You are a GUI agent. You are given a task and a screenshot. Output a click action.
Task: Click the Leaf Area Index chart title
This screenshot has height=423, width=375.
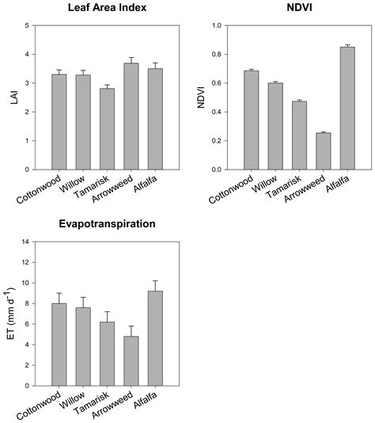pyautogui.click(x=104, y=9)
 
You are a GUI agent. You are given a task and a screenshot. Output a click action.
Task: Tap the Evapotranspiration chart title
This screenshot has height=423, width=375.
pyautogui.click(x=104, y=224)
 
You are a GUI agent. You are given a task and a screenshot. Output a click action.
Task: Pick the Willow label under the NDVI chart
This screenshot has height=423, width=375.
pyautogui.click(x=265, y=186)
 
